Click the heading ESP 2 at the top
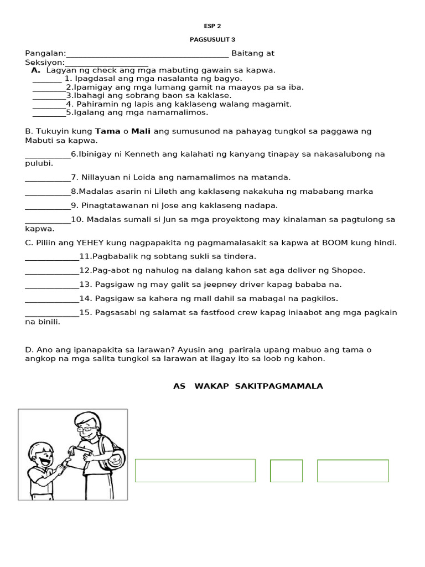click(212, 26)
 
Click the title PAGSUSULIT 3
click(212, 40)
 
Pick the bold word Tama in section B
click(107, 131)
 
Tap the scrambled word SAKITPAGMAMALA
click(278, 386)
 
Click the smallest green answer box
click(286, 471)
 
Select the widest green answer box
click(195, 471)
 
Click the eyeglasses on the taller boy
click(85, 428)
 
